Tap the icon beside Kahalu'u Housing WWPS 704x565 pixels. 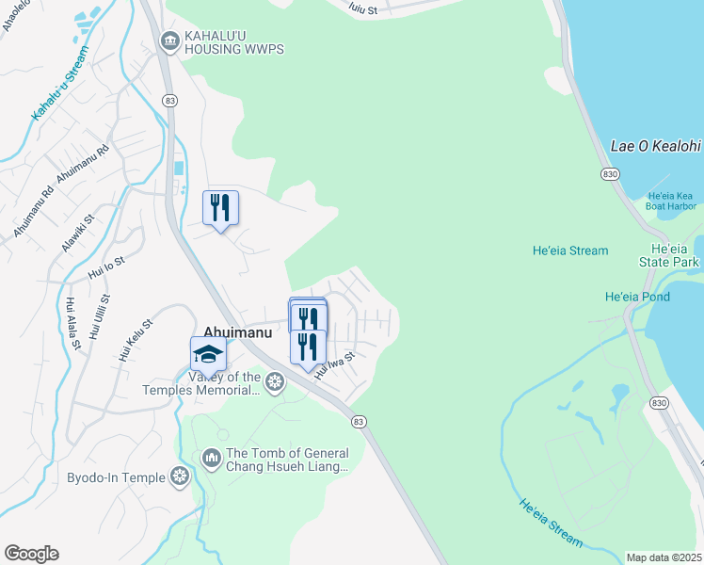coord(169,40)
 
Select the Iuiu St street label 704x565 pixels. coord(362,8)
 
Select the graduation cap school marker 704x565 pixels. coord(208,354)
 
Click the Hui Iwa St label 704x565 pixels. coord(334,364)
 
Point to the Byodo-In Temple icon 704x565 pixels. coord(180,477)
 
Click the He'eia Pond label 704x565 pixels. coord(637,297)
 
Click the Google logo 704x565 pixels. coord(31,554)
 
